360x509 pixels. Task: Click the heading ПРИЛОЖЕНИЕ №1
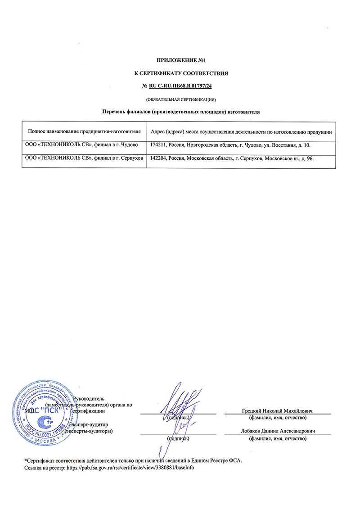pyautogui.click(x=180, y=60)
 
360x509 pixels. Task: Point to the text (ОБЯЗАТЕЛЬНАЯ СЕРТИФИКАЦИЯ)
pyautogui.click(x=180, y=98)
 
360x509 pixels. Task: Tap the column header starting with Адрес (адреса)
pyautogui.click(x=241, y=132)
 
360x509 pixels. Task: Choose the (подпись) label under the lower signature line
pyautogui.click(x=178, y=438)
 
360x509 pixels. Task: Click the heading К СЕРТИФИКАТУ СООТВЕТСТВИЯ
pyautogui.click(x=180, y=72)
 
